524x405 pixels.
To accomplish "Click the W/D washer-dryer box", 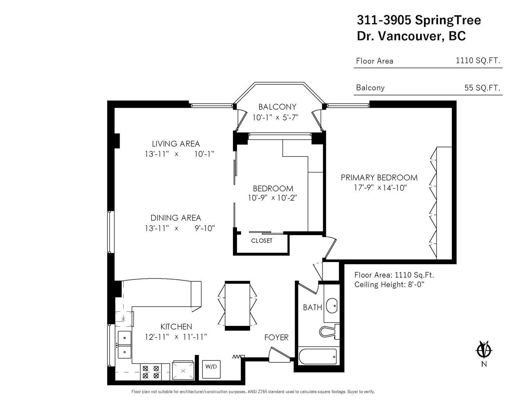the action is point(211,369).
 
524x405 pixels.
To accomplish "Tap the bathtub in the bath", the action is point(318,357).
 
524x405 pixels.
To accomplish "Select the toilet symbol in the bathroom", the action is point(330,331).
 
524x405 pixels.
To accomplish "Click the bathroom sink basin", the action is point(332,305).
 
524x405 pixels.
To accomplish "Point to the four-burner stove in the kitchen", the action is point(151,372).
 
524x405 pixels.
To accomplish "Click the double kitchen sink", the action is point(124,344).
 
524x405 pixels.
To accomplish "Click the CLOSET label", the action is point(262,241).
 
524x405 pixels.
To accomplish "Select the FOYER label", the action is point(276,337).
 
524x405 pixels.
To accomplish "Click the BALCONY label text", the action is point(277,106).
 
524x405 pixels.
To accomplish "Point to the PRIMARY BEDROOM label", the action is point(379,178).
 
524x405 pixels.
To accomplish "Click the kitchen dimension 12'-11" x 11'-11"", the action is point(176,337).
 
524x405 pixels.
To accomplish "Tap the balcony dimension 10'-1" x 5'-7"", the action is point(276,118).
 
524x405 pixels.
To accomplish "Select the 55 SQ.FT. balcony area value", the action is point(482,88).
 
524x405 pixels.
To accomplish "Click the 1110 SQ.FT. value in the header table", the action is point(478,60).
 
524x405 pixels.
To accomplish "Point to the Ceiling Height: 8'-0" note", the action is point(389,284).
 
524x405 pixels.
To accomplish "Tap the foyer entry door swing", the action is point(280,355).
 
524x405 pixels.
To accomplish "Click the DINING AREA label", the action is point(176,218).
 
